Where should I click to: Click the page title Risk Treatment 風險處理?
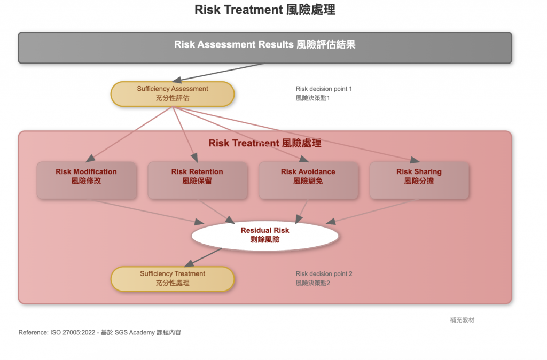click(x=265, y=10)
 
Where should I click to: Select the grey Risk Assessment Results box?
click(x=265, y=48)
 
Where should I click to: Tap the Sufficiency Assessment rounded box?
click(x=172, y=93)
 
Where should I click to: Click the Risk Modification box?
click(x=86, y=181)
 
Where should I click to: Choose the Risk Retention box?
click(x=197, y=181)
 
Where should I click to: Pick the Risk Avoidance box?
click(x=308, y=181)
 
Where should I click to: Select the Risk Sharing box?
click(x=419, y=181)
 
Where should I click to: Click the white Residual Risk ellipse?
click(x=265, y=235)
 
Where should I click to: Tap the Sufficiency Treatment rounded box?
click(x=172, y=279)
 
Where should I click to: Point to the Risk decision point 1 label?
click(x=324, y=93)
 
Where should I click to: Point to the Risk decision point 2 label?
click(x=324, y=278)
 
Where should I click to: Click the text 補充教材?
click(x=462, y=320)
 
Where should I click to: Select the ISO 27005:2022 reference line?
click(x=99, y=332)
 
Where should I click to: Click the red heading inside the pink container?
click(x=265, y=143)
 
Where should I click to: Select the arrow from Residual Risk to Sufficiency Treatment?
click(x=206, y=256)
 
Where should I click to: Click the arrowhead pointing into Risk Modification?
click(x=90, y=158)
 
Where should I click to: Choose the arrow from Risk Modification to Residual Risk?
click(x=150, y=211)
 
